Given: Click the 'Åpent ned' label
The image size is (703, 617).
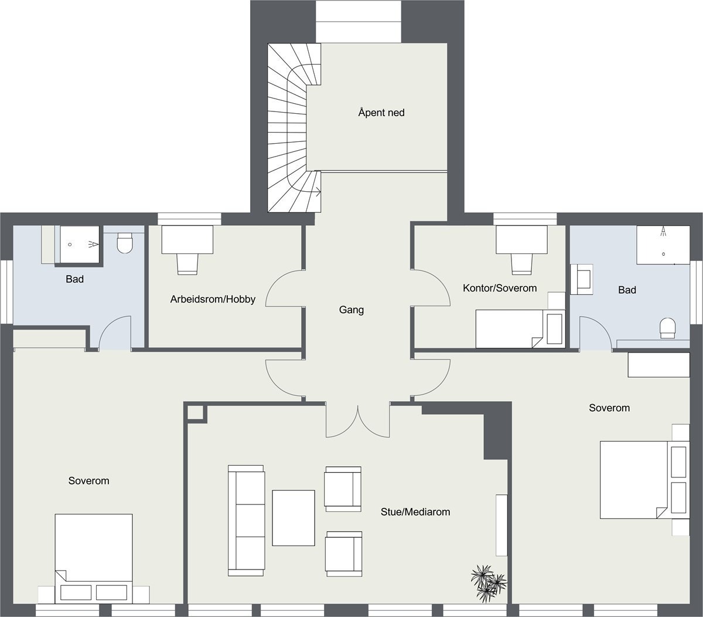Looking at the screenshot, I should [381, 112].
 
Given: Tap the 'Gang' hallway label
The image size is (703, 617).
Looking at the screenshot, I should [351, 310].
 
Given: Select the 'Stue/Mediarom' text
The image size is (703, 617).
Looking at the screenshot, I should [415, 512].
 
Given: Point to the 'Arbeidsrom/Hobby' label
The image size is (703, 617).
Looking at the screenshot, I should [213, 299].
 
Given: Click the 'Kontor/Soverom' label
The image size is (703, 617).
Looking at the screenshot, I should [500, 288].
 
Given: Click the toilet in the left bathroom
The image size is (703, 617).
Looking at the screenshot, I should [125, 243].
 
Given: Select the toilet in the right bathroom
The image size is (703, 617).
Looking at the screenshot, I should [668, 327].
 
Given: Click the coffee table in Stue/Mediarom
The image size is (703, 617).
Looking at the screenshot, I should [294, 518].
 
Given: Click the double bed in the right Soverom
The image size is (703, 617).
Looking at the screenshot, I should [634, 480].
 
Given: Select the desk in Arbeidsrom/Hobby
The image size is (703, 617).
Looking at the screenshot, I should [187, 239].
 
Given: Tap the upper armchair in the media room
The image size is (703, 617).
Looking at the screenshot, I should [343, 489].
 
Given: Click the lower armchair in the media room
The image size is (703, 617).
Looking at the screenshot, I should [344, 553].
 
